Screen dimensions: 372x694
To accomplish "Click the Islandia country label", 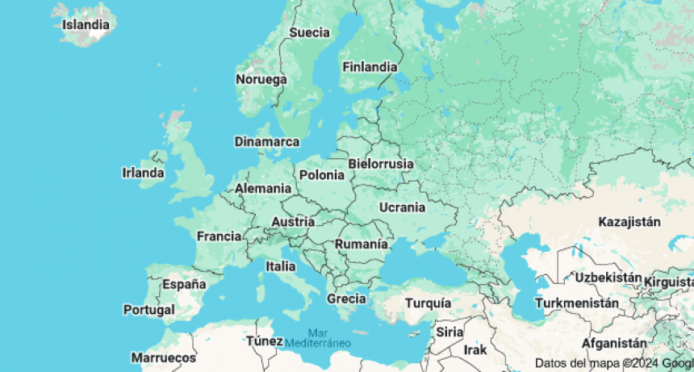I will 86,24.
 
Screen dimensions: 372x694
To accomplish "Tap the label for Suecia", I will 309,32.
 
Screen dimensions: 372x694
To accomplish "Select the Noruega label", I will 261,79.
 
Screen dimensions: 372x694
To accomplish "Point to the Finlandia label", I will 369,67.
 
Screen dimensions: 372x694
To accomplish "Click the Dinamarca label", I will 266,142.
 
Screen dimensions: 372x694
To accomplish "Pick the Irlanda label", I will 143,173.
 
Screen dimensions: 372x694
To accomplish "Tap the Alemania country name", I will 263,188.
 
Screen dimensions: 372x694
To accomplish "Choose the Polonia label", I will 321,175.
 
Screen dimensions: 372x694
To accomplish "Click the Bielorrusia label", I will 380,164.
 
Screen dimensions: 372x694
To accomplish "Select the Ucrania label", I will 401,207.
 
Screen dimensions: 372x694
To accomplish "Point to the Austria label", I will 293,222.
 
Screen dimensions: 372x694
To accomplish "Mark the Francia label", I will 219,236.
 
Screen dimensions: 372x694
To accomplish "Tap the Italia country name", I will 280,265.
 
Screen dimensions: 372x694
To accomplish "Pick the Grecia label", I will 346,299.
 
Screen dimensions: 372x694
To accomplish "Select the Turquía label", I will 428,303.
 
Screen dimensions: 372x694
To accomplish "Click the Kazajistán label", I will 629,222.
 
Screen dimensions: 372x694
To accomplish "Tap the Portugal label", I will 148,310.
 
